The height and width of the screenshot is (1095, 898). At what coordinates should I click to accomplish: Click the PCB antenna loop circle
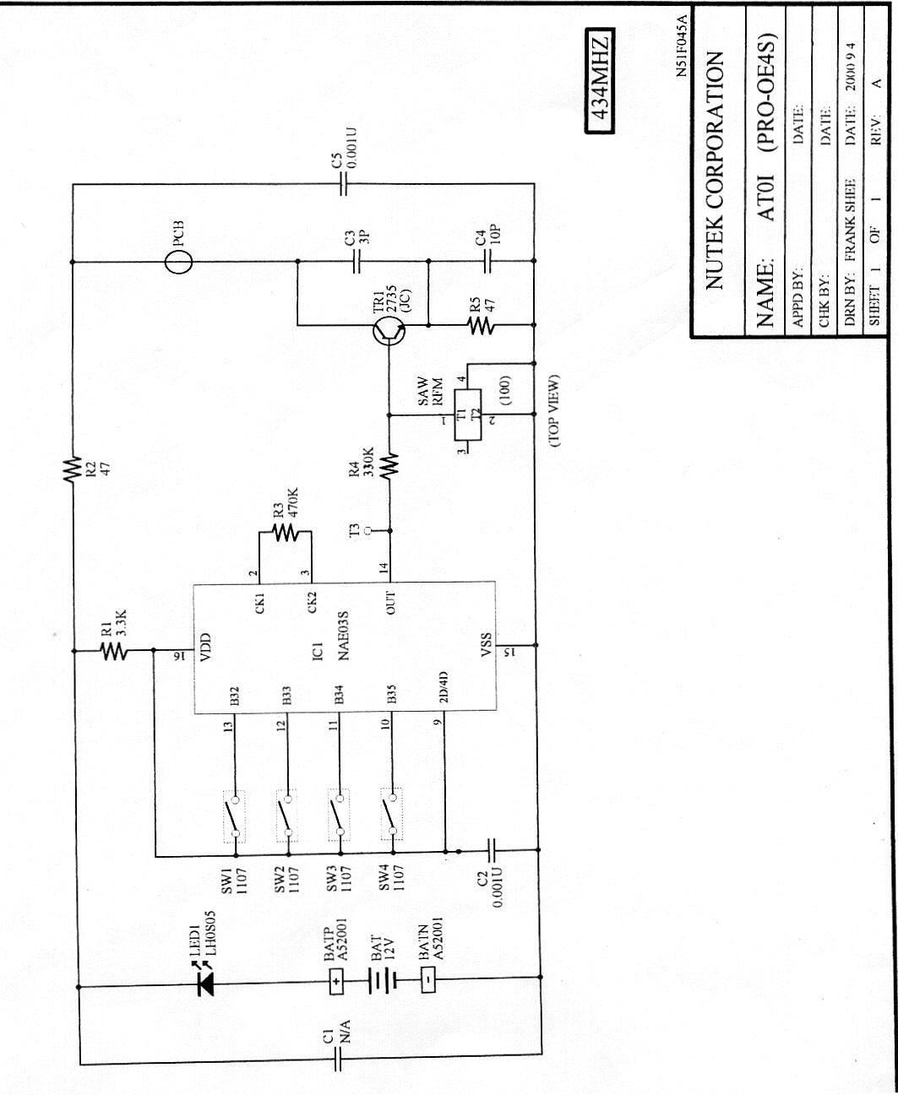pyautogui.click(x=177, y=262)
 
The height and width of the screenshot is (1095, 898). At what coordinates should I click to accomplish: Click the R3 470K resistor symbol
pyautogui.click(x=286, y=532)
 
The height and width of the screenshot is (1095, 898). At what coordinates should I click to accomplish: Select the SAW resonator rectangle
pyautogui.click(x=463, y=415)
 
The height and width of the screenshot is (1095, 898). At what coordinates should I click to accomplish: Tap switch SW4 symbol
pyautogui.click(x=390, y=815)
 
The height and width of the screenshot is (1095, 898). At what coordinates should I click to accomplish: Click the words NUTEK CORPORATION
pyautogui.click(x=714, y=169)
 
